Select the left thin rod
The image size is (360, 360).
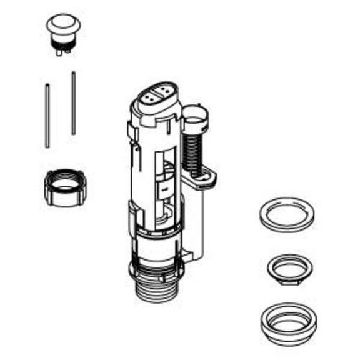pyautogui.click(x=47, y=115)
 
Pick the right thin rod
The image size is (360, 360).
pyautogui.click(x=73, y=103)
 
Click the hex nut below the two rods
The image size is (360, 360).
pyautogui.click(x=65, y=187)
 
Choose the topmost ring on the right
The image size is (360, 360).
pyautogui.click(x=286, y=214)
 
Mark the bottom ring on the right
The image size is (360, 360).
pyautogui.click(x=288, y=322)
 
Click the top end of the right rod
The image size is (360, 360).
pyautogui.click(x=73, y=74)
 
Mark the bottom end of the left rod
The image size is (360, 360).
pyautogui.click(x=47, y=145)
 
